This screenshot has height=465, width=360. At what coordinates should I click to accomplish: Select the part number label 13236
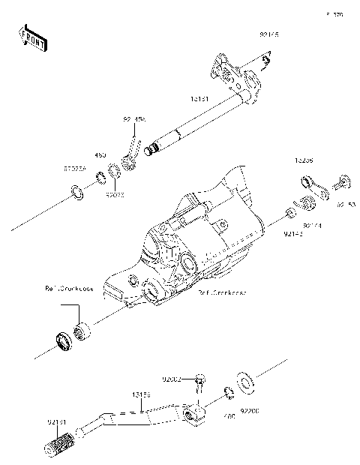click(x=304, y=160)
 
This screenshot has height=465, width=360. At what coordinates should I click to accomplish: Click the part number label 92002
click(x=172, y=380)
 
